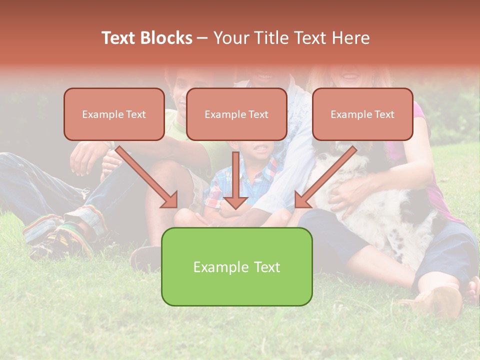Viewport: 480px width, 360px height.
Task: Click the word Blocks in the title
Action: [166, 38]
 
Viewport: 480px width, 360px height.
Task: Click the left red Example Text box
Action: [114, 114]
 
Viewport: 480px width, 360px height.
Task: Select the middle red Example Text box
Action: [236, 114]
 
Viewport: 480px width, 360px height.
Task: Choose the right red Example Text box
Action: [362, 114]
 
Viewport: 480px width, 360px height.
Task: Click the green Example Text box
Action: [236, 266]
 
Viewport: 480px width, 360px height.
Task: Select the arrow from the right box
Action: [325, 177]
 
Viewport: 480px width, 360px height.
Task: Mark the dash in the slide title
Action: [202, 38]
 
